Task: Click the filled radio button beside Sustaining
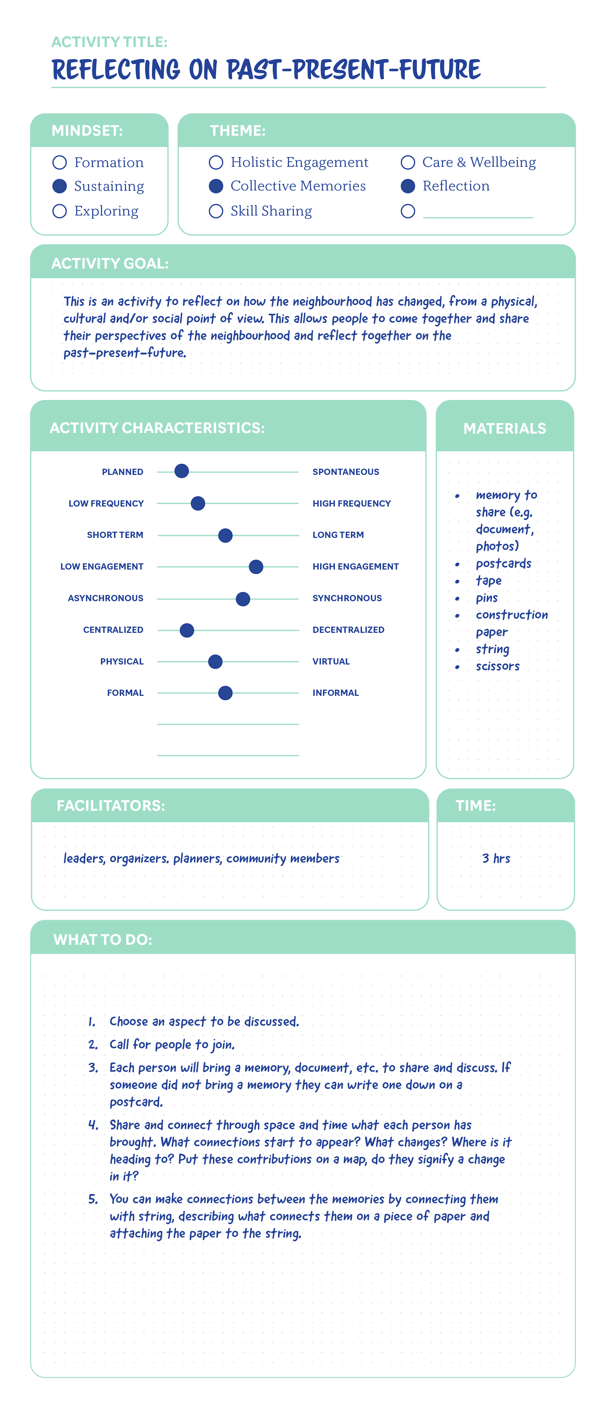click(59, 186)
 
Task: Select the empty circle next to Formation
click(59, 162)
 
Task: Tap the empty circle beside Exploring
click(59, 211)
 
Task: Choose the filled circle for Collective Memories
click(216, 186)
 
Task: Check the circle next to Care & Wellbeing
click(408, 162)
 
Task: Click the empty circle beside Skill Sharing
click(216, 211)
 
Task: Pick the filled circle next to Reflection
click(408, 186)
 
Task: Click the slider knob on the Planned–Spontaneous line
click(182, 471)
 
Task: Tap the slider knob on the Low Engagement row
click(256, 567)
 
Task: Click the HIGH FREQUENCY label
click(351, 504)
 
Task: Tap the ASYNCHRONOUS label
click(106, 598)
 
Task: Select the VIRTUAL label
click(331, 662)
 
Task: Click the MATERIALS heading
click(505, 428)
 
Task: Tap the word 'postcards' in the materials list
click(503, 564)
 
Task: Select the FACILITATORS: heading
click(111, 806)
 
